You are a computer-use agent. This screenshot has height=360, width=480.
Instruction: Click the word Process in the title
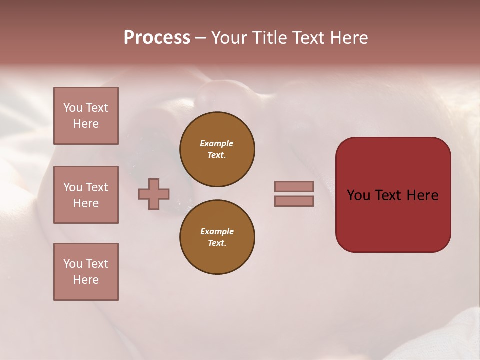[x=157, y=38]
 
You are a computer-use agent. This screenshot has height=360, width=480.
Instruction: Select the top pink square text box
[x=86, y=116]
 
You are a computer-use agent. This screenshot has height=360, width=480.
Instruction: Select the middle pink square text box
[x=86, y=195]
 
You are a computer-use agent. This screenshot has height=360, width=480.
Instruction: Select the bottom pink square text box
[x=86, y=272]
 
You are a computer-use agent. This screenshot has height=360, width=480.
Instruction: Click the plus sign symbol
[x=154, y=194]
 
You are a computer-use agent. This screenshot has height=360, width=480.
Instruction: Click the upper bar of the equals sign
[x=294, y=186]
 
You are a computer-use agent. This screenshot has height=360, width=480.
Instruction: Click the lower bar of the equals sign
[x=294, y=201]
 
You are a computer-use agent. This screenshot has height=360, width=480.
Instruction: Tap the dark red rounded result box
[x=393, y=220]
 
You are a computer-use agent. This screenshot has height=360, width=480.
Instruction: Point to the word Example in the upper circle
[x=216, y=143]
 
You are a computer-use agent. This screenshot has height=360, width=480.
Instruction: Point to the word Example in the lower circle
[x=217, y=231]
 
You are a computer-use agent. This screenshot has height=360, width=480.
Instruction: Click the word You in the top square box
[x=73, y=108]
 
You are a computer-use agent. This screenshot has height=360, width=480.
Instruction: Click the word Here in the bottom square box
[x=86, y=280]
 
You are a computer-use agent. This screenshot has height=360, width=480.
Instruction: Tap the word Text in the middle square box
[x=96, y=187]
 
